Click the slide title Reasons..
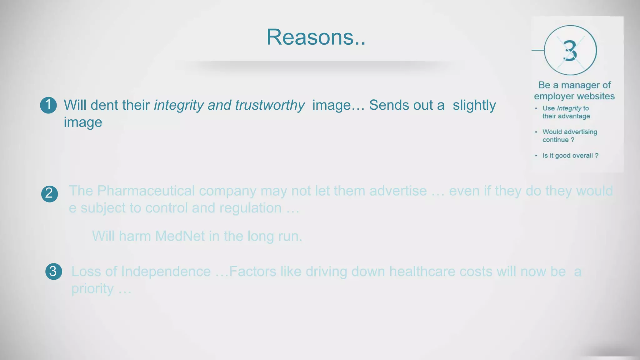(x=316, y=37)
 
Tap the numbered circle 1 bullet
(x=48, y=105)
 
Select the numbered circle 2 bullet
(x=49, y=194)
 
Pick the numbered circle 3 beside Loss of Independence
(x=53, y=271)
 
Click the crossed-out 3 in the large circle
(x=570, y=51)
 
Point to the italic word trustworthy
(x=270, y=105)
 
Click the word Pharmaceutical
(x=146, y=191)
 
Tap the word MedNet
(x=180, y=236)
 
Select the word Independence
(x=166, y=272)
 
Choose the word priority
(x=92, y=289)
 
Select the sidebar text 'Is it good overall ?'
(x=570, y=156)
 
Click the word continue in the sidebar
(x=555, y=140)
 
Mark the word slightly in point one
(x=474, y=105)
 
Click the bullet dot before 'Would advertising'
(x=536, y=132)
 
